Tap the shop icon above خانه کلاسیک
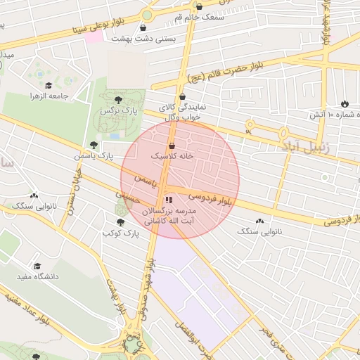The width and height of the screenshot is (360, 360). click(172, 146)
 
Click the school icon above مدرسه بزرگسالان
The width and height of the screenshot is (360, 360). click(167, 200)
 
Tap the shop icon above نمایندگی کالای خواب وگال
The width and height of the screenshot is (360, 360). click(183, 97)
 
